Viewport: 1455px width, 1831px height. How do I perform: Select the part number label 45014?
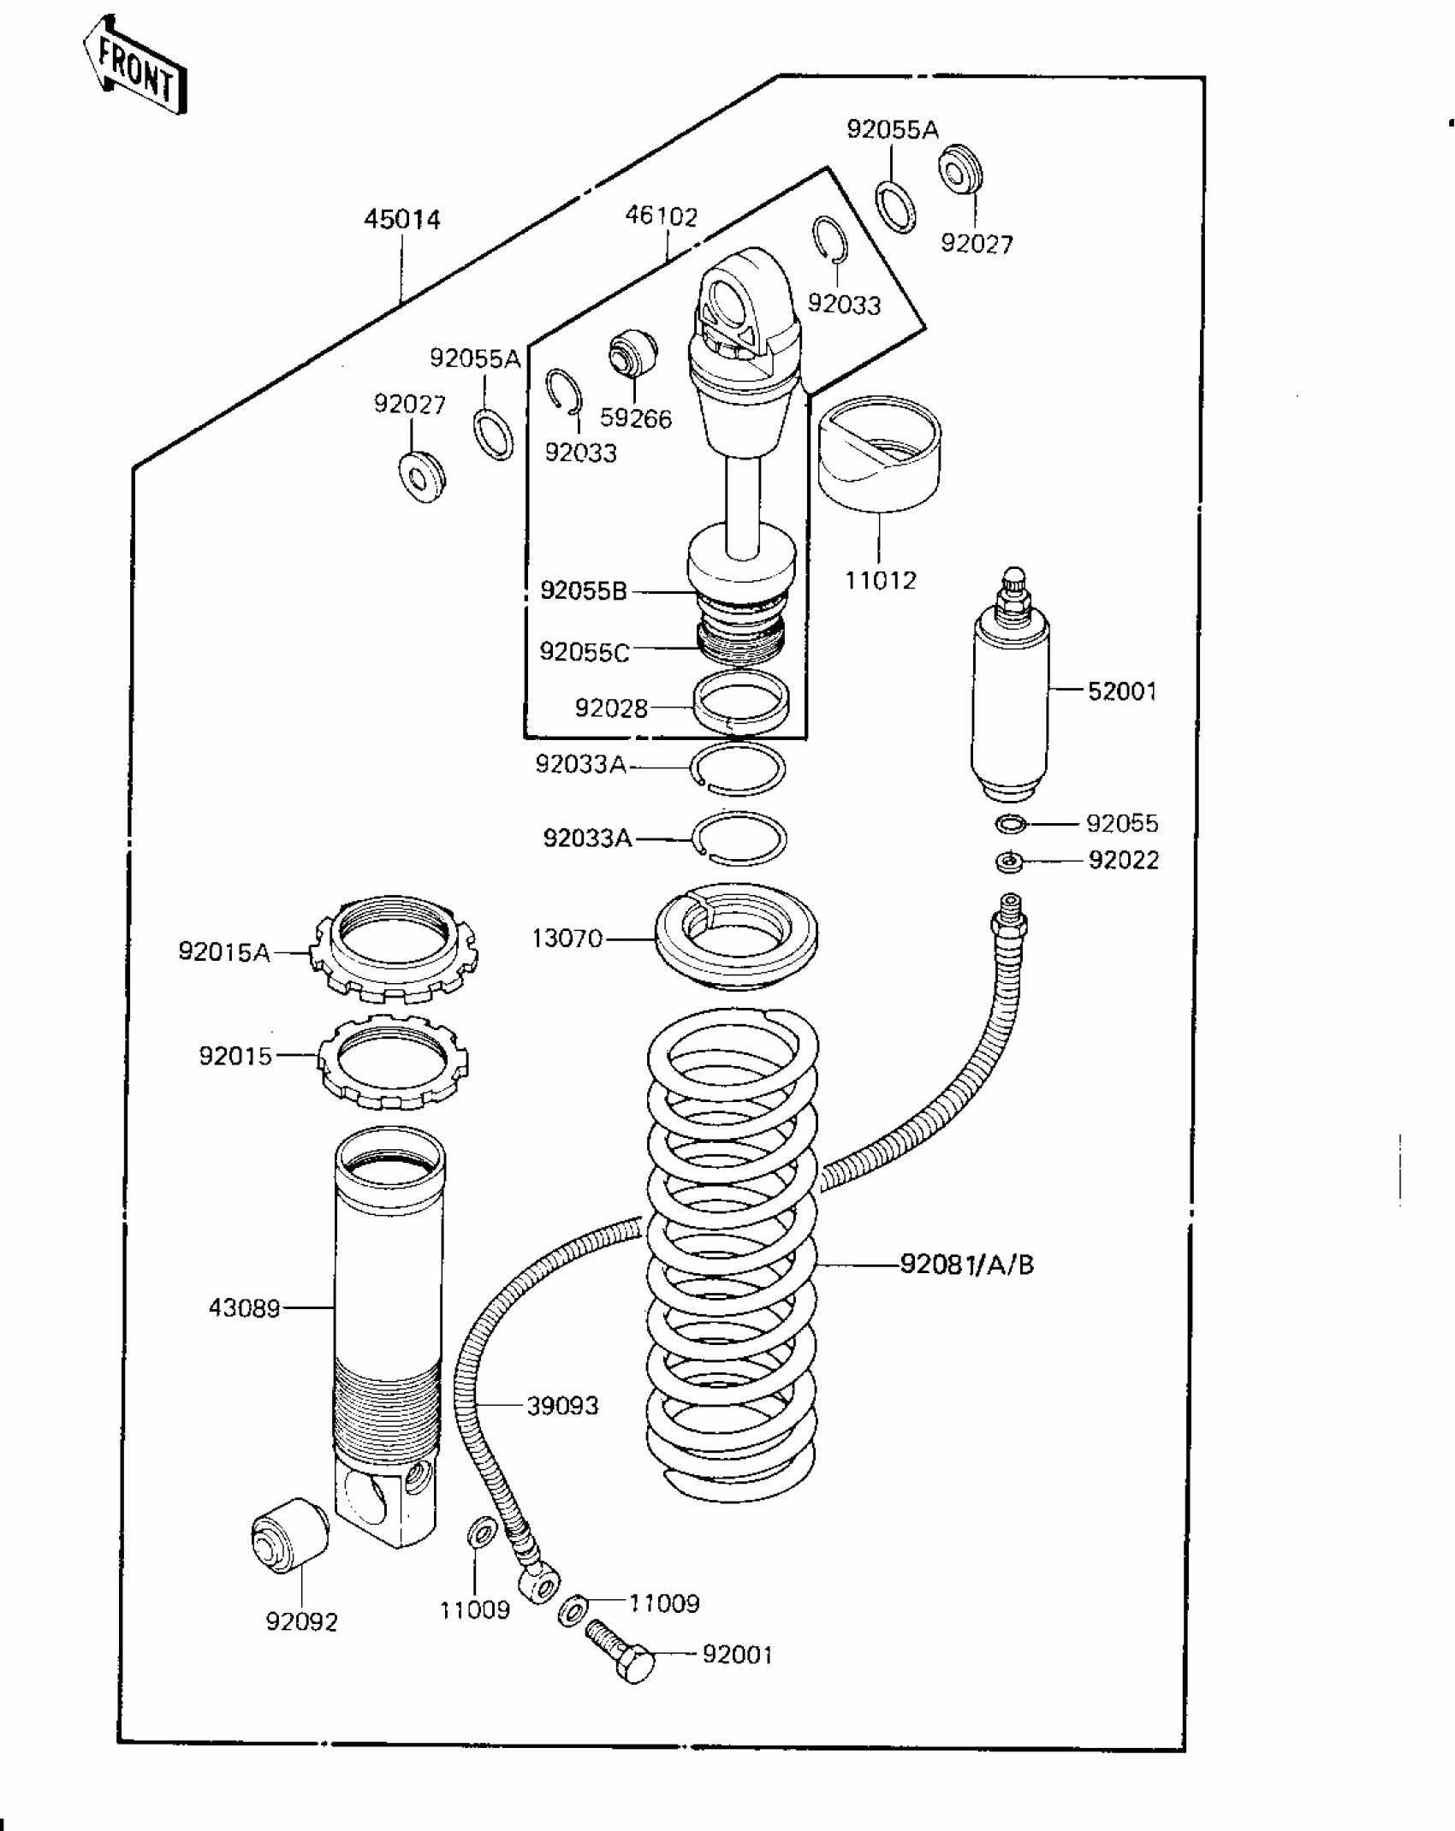point(402,220)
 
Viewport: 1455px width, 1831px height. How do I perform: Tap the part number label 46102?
point(661,216)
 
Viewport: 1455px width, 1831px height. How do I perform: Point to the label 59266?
point(636,418)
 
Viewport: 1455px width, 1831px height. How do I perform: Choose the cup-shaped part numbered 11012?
point(879,455)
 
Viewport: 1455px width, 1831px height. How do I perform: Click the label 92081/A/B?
point(967,1264)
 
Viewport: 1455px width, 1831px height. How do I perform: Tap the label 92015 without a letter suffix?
point(235,1056)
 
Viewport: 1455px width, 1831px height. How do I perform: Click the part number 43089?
point(245,1308)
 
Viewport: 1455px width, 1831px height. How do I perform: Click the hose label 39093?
point(562,1406)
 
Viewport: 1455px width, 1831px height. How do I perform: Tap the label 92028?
point(611,708)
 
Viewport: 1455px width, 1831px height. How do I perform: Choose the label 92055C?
point(585,653)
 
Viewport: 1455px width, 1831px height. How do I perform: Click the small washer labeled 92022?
point(1010,862)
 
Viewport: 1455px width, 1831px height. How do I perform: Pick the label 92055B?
point(584,591)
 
